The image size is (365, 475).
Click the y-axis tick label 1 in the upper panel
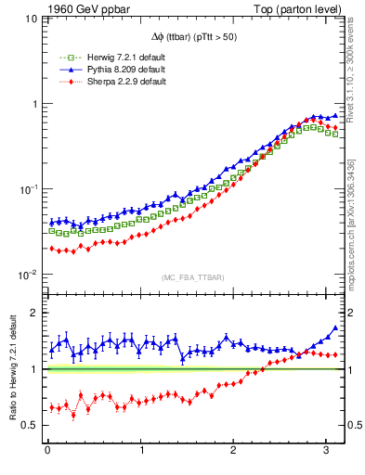(34, 104)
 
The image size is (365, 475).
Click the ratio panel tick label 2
(34, 314)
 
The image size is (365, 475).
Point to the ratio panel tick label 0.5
(30, 425)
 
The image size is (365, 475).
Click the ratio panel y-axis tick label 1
(34, 369)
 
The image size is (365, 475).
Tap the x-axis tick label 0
(47, 452)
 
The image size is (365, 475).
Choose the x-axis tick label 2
(233, 452)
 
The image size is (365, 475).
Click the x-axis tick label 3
(326, 452)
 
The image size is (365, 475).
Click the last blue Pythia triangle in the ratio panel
(334, 327)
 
